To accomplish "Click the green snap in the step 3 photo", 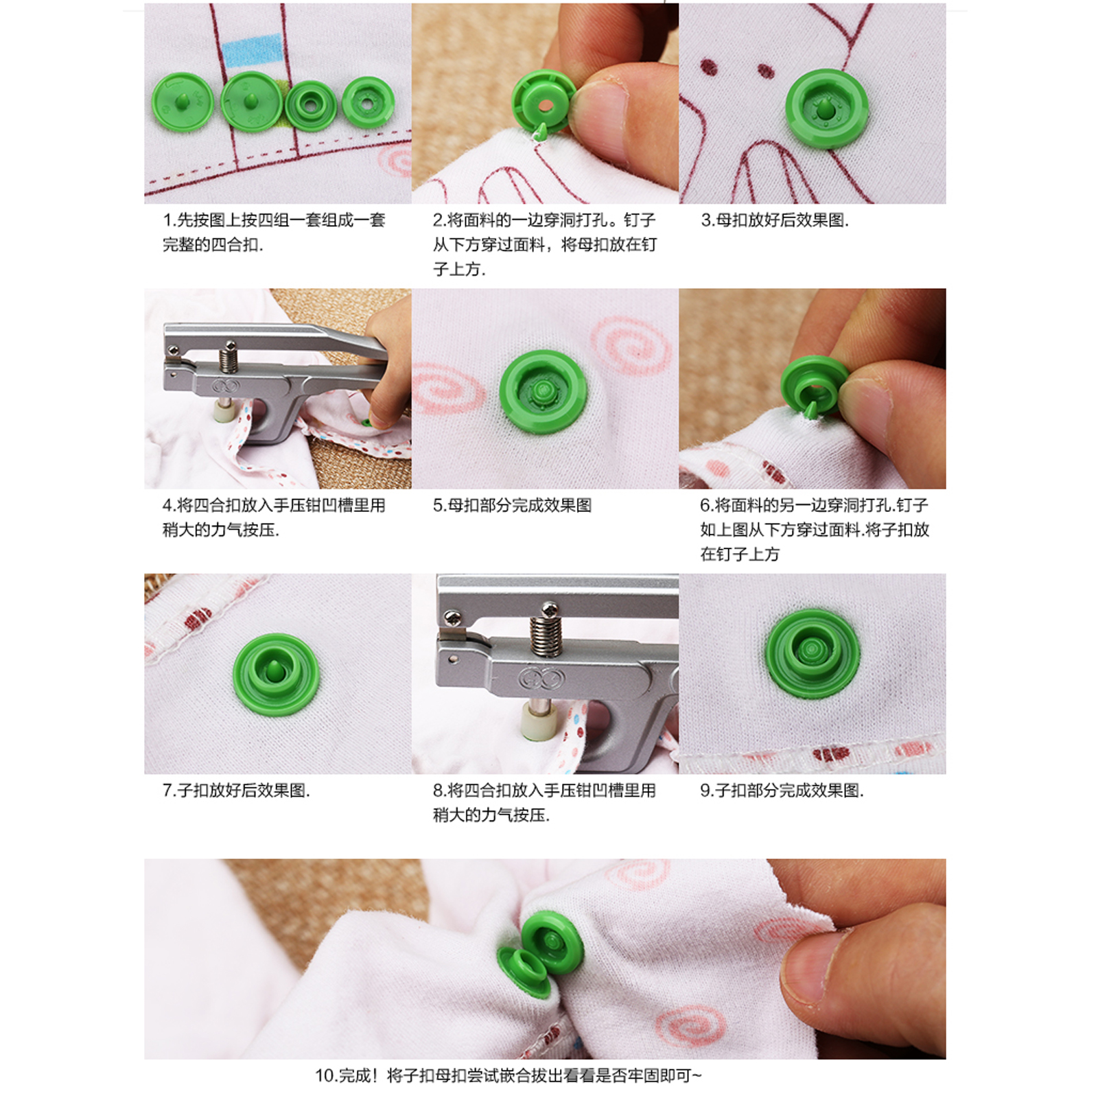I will (827, 108).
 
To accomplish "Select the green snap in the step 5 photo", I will (544, 392).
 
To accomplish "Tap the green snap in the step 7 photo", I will (277, 675).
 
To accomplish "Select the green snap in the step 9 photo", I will (812, 651).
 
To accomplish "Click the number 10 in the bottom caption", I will (324, 1075).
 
